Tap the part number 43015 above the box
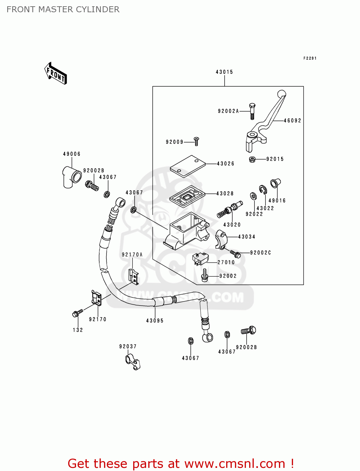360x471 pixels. [224, 72]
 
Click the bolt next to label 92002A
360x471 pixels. [252, 111]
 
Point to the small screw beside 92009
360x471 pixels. [197, 141]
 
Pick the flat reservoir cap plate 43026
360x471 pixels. [188, 166]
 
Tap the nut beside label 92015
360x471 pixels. [252, 159]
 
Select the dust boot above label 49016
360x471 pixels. [275, 183]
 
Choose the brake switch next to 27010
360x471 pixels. [200, 258]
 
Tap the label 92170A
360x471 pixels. [132, 255]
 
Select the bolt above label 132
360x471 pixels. [77, 313]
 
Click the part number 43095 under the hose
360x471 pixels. [155, 321]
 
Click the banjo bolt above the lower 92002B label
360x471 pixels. [249, 331]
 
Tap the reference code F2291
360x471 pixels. [310, 58]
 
